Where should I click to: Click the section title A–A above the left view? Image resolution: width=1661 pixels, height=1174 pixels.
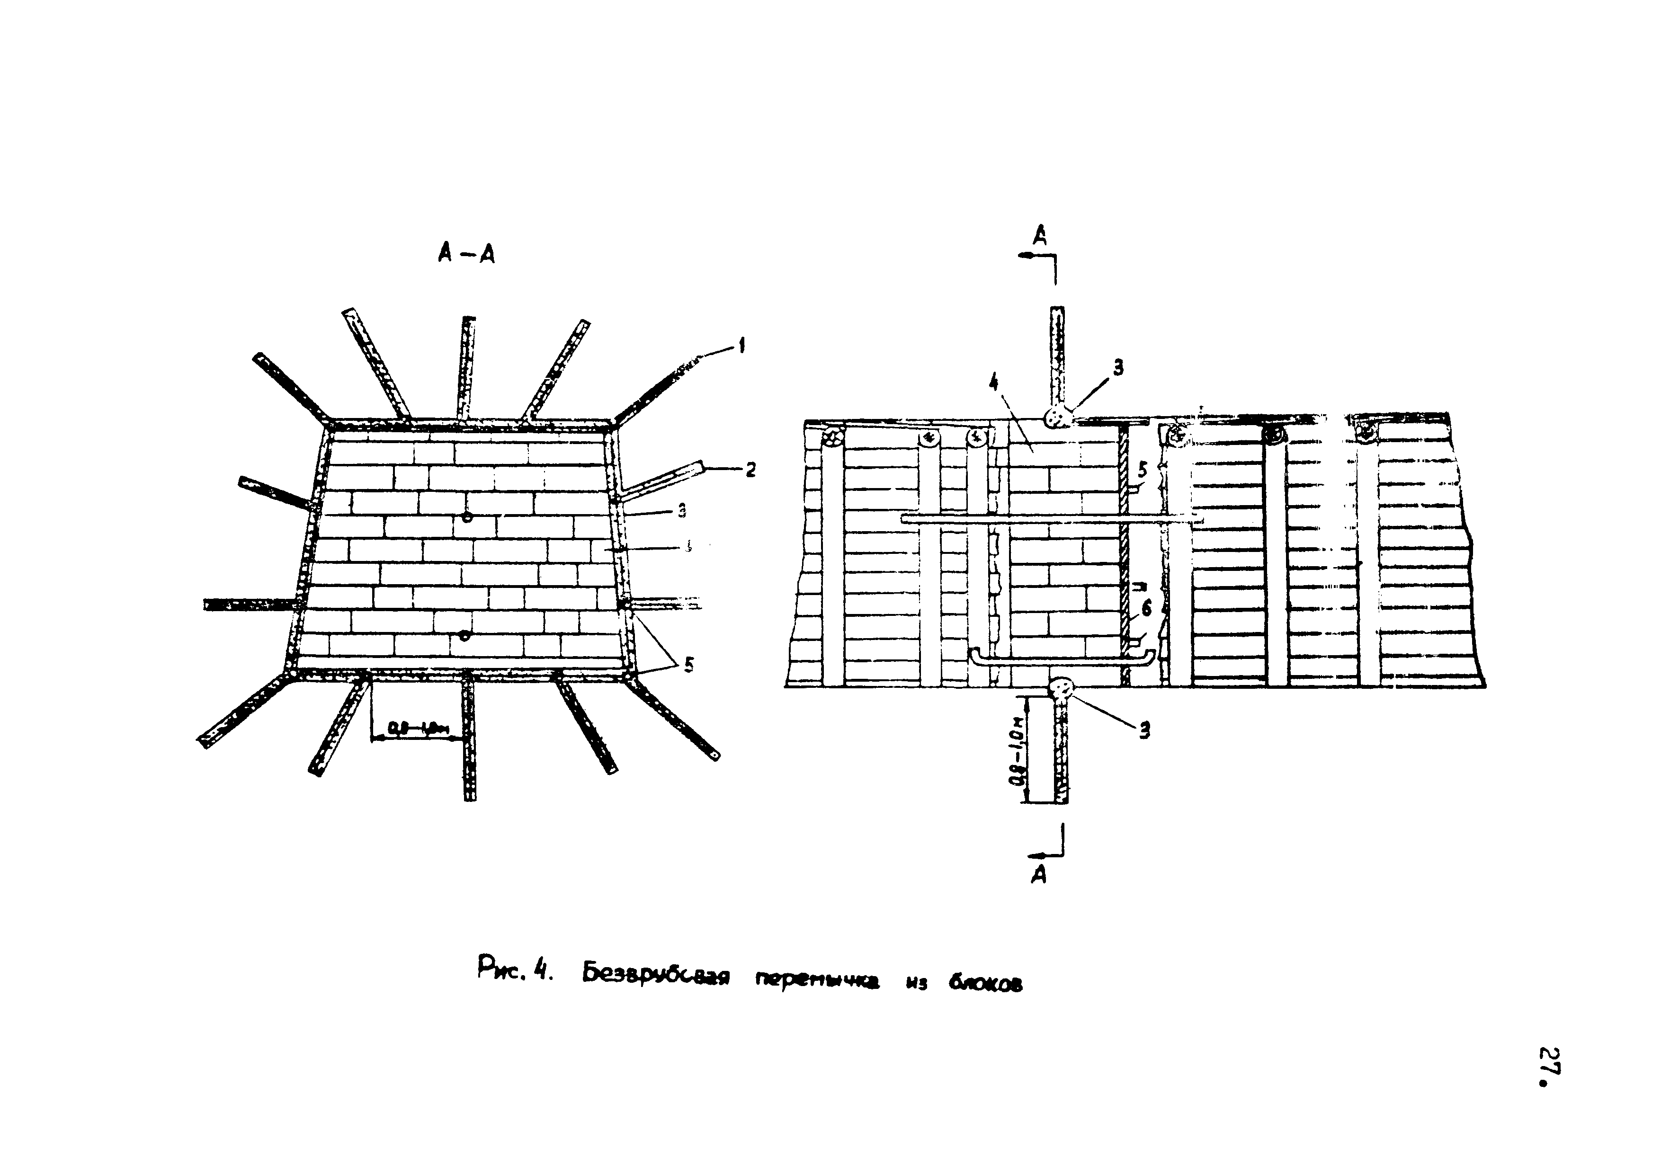click(466, 253)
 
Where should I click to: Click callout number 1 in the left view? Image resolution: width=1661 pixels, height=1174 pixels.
click(741, 347)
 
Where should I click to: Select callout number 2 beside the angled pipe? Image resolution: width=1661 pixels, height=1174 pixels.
click(750, 470)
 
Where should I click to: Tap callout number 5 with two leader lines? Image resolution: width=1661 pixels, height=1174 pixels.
click(688, 664)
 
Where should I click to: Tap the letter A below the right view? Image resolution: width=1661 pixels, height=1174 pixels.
click(1039, 876)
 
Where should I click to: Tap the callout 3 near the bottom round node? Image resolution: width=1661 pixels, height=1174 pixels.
click(1144, 731)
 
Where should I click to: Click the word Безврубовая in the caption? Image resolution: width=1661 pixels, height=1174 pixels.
click(655, 977)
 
